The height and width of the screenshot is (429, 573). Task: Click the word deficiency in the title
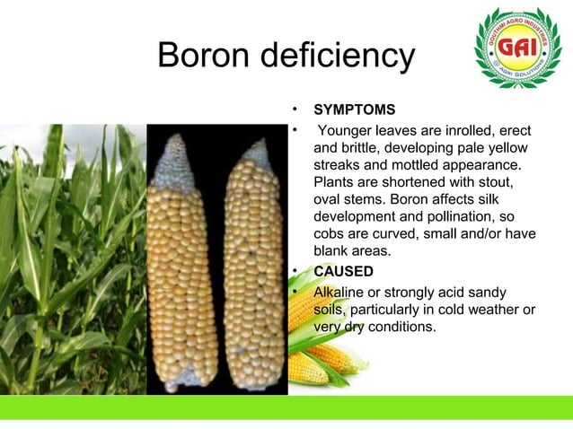339,57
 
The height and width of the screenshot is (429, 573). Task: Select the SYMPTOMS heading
354,110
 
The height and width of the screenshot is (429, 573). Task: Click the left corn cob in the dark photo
184,269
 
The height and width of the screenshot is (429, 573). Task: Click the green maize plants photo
72,269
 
